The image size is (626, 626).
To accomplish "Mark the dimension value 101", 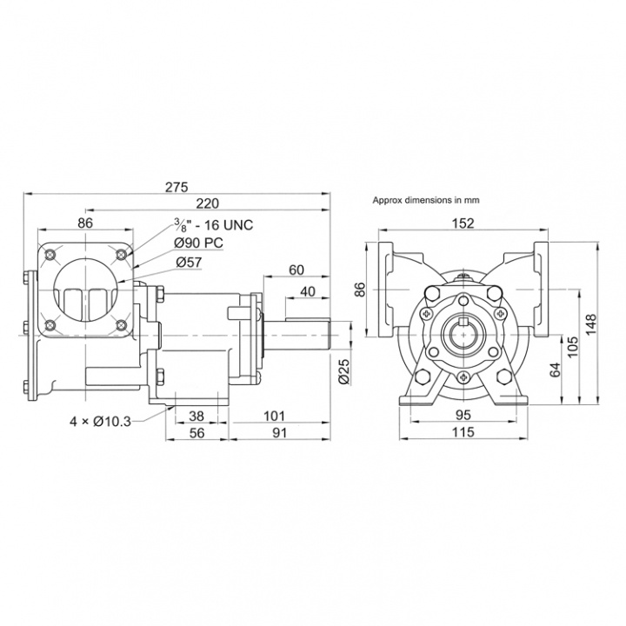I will point(275,416).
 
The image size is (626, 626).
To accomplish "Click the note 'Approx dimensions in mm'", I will point(426,199).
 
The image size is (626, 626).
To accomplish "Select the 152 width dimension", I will point(462,223).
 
